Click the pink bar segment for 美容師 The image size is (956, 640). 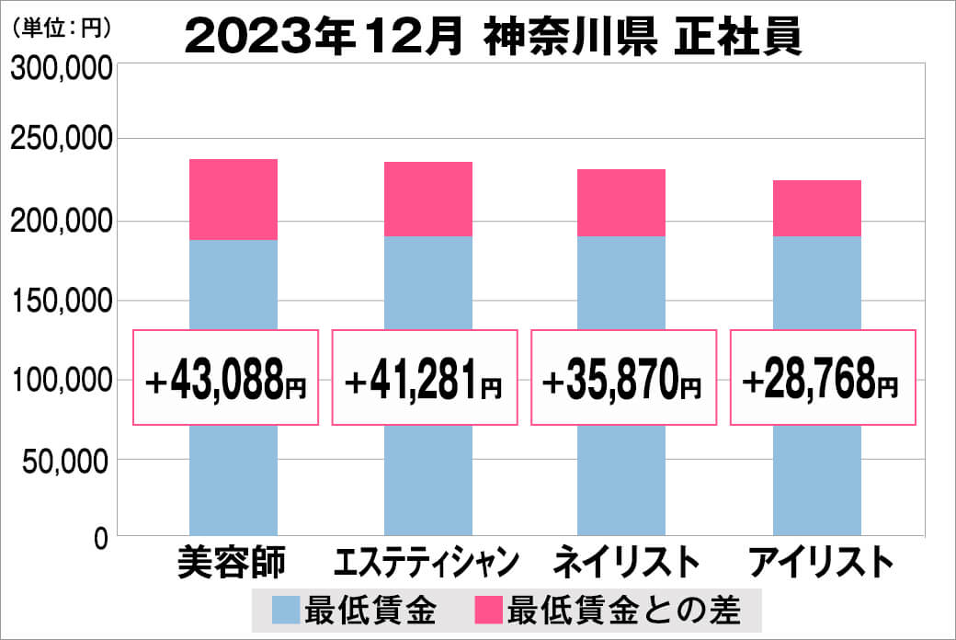point(233,200)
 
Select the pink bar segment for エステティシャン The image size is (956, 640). point(427,200)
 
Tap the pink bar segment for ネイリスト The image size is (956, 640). point(621,203)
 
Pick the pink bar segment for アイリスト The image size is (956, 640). point(816,209)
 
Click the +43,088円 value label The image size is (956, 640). point(226,379)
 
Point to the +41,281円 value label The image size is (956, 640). point(424,379)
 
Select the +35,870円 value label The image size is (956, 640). point(624,379)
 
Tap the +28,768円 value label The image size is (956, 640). point(823,379)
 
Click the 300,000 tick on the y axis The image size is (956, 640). point(62,69)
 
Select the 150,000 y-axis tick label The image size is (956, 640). point(62,301)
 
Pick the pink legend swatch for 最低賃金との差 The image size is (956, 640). point(488,610)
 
